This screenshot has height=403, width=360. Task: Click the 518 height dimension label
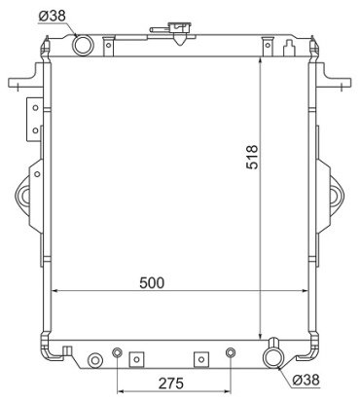[x=252, y=157]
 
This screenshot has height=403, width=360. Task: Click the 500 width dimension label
[x=152, y=283]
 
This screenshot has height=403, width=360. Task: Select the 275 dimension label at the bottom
[x=171, y=384]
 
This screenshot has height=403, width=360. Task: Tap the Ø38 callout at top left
[x=53, y=16]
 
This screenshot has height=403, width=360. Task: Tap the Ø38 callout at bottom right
[x=306, y=380]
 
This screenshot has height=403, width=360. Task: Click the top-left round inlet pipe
[x=83, y=46]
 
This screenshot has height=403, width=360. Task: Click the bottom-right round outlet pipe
[x=274, y=357]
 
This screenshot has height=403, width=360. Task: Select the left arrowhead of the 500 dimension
[x=54, y=291]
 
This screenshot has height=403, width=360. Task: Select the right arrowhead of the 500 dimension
[x=304, y=291]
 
